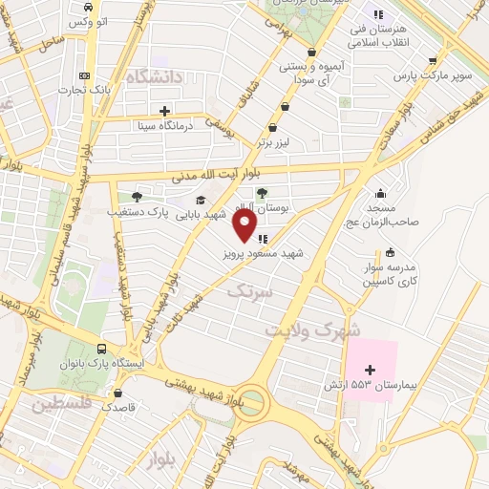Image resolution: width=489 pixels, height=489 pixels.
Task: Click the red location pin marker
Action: tap(244, 225)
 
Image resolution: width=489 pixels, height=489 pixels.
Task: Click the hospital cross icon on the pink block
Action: tap(371, 369)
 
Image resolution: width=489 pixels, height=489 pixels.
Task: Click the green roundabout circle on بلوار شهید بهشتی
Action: tap(253, 398)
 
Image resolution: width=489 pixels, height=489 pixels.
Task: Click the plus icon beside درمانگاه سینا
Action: tap(166, 110)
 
